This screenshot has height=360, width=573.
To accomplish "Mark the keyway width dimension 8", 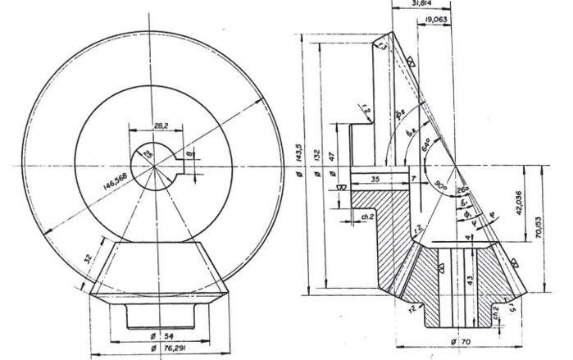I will [x=191, y=152].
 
